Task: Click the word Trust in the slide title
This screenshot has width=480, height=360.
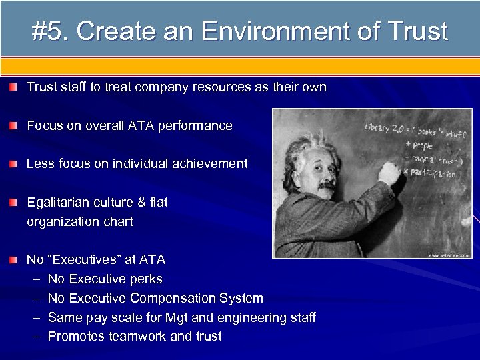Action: tap(415, 31)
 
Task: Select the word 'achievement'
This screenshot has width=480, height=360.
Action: tap(209, 163)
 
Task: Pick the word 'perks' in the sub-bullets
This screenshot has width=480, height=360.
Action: tap(147, 279)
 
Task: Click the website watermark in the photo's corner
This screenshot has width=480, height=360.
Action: tap(449, 254)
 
